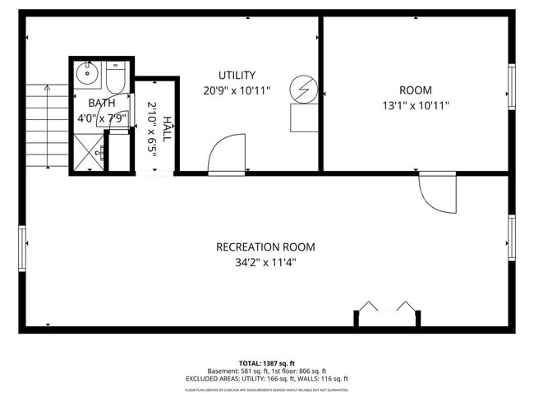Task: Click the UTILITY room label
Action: click(237, 75)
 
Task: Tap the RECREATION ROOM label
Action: click(265, 247)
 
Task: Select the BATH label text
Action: click(102, 103)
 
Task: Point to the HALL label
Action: click(168, 129)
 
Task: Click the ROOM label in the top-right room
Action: click(415, 90)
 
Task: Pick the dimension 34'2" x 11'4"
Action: click(265, 263)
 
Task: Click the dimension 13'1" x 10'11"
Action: click(415, 105)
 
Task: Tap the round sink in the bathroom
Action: click(87, 75)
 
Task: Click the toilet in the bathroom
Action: click(115, 78)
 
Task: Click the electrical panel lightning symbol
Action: click(304, 89)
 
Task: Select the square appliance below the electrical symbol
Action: click(304, 118)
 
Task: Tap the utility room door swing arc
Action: click(225, 154)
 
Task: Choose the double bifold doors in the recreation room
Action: click(387, 308)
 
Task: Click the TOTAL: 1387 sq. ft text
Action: click(267, 362)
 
